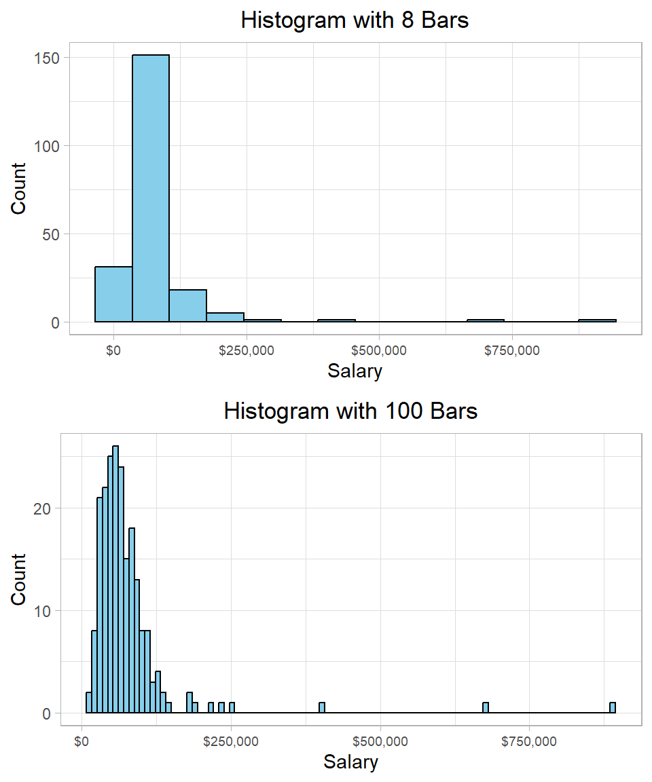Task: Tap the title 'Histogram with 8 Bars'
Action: click(355, 20)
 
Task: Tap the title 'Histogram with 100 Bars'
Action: click(350, 411)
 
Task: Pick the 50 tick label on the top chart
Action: click(50, 234)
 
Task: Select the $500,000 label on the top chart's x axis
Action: click(379, 350)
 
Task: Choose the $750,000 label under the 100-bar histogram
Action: click(529, 741)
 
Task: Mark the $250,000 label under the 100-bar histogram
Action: click(231, 741)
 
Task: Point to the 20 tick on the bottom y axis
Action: click(41, 508)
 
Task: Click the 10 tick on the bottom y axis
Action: click(41, 611)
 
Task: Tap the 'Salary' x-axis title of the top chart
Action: click(355, 371)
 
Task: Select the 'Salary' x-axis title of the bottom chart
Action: click(350, 762)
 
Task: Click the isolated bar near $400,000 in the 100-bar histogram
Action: click(322, 708)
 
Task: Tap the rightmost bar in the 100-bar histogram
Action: click(613, 708)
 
